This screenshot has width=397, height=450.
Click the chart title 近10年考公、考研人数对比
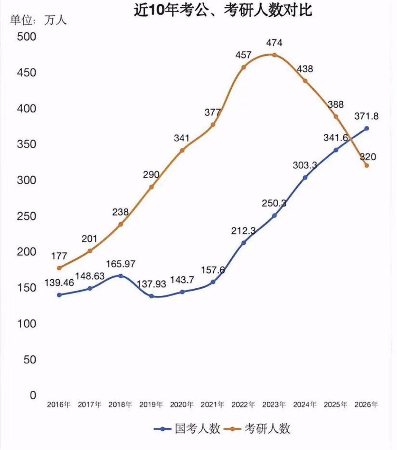[x=223, y=10]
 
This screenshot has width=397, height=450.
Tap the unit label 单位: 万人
[x=38, y=20]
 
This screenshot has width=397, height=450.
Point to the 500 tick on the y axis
[x=26, y=37]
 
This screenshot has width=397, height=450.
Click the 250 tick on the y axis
[x=26, y=216]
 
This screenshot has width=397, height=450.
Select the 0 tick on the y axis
[x=33, y=395]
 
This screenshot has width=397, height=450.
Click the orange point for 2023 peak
[x=274, y=55]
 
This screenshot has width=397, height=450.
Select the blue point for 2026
[x=367, y=128]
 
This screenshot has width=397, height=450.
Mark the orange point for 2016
[x=59, y=268]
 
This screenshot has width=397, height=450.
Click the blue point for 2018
[x=121, y=276]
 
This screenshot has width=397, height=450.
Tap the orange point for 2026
[x=367, y=165]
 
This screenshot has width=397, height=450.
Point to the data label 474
[x=274, y=43]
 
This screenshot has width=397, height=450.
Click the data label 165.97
[x=121, y=264]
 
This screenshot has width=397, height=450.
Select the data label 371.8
[x=366, y=116]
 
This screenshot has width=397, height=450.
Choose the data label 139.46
[x=59, y=283]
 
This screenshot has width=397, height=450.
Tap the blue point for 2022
[x=244, y=243]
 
